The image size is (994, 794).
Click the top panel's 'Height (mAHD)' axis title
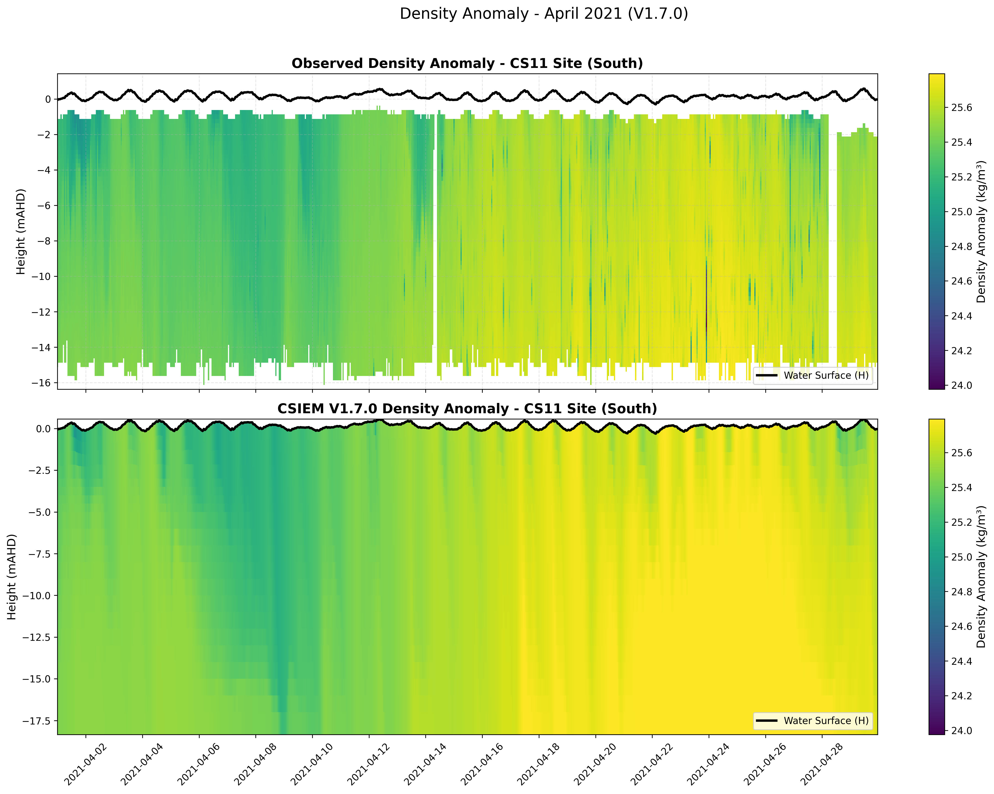pyautogui.click(x=21, y=231)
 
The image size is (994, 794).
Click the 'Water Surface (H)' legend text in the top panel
pyautogui.click(x=826, y=375)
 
